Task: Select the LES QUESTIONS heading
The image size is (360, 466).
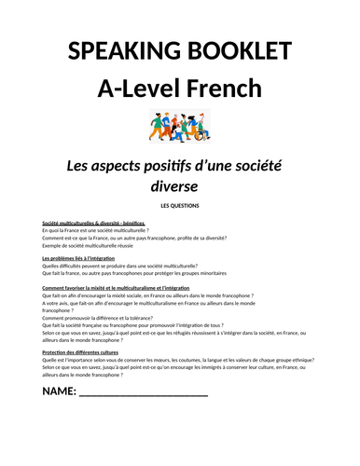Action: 179,204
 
